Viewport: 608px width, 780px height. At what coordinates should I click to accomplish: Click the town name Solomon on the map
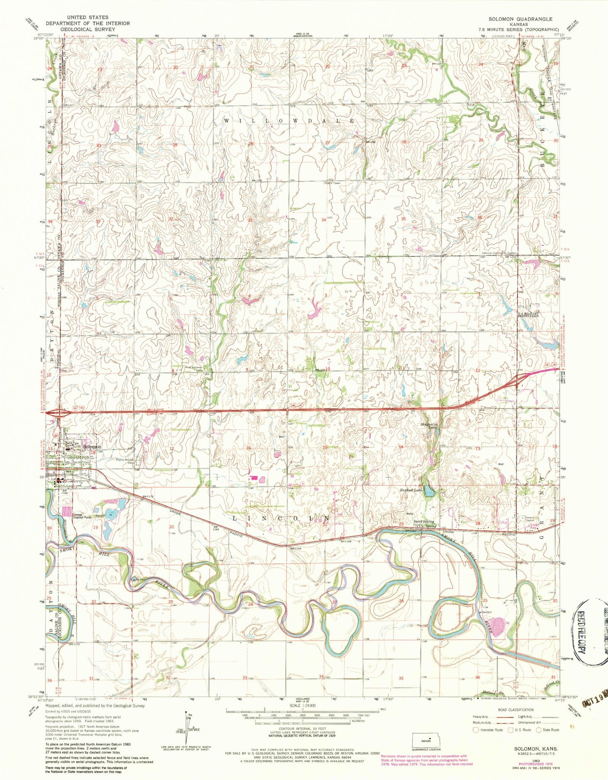(x=92, y=446)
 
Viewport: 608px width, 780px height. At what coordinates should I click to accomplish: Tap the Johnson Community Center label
(x=499, y=254)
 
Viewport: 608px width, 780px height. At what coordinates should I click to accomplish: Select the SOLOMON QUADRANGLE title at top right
(x=520, y=19)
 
